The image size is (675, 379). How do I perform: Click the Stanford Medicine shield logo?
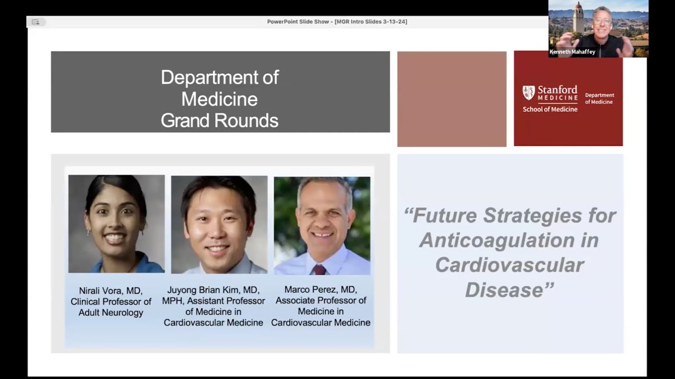(x=528, y=93)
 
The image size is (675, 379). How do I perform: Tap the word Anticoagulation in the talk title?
(x=509, y=240)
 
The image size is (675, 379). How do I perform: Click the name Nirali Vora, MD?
(x=111, y=291)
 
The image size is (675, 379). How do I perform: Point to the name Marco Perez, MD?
(x=320, y=290)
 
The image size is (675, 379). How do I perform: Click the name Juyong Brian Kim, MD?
(x=213, y=290)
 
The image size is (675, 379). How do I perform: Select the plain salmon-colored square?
(x=451, y=99)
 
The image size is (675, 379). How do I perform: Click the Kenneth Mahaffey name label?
(x=573, y=52)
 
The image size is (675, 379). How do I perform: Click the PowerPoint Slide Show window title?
(x=337, y=22)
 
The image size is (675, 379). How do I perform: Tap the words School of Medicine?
(x=549, y=109)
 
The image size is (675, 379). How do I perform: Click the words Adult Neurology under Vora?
(x=111, y=313)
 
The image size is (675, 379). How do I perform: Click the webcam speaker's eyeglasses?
(x=602, y=22)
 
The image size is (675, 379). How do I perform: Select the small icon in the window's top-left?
(x=36, y=22)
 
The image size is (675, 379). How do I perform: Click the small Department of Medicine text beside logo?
(x=600, y=98)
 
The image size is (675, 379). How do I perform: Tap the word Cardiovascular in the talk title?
(x=509, y=265)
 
